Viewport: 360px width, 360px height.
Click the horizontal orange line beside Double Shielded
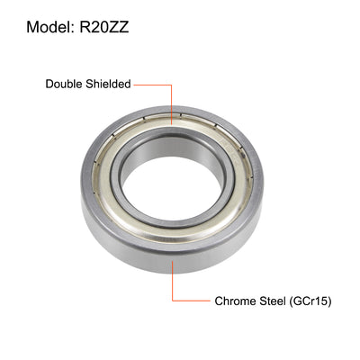click(x=153, y=85)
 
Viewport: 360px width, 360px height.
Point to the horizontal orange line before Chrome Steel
click(x=192, y=300)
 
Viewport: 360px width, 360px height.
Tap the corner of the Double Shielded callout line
click(x=171, y=85)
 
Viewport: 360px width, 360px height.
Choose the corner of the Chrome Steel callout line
click(x=171, y=300)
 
